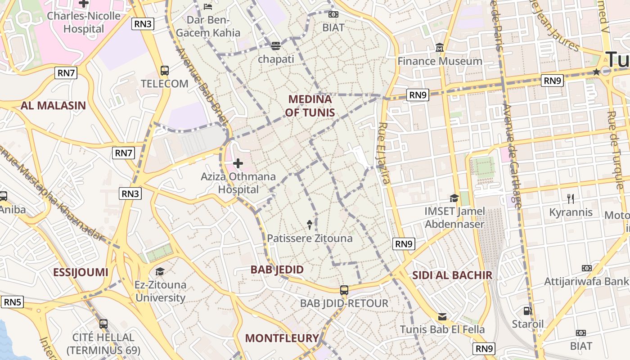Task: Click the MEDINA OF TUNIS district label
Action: tap(310, 106)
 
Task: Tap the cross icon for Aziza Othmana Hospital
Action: tap(238, 163)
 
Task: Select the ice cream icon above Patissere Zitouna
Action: tap(310, 224)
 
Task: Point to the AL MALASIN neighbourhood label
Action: tap(53, 106)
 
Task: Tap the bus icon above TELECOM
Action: tap(165, 71)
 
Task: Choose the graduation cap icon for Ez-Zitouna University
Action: tap(160, 271)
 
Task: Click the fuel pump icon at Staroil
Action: tap(527, 310)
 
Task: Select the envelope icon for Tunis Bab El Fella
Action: tap(442, 317)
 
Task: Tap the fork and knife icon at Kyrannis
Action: tap(571, 198)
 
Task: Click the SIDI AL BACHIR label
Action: tap(452, 275)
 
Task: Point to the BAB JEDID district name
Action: tap(277, 270)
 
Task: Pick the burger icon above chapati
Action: tap(275, 45)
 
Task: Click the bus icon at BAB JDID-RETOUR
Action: tap(344, 290)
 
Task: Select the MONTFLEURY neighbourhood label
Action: tap(282, 338)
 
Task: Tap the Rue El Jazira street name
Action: tap(383, 153)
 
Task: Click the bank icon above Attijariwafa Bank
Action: tap(586, 268)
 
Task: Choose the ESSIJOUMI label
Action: tap(81, 272)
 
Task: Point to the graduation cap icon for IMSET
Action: tap(454, 198)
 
